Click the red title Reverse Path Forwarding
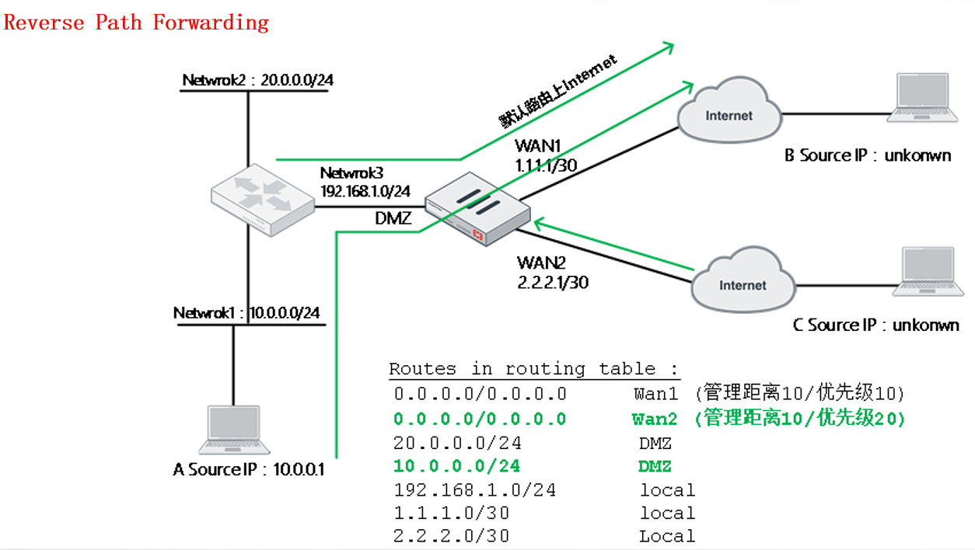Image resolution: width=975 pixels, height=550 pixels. (x=136, y=22)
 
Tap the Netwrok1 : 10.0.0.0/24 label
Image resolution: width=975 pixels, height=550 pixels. (x=246, y=313)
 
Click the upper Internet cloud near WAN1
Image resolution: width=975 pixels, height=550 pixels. (x=729, y=113)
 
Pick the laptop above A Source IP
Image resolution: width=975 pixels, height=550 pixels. (x=234, y=430)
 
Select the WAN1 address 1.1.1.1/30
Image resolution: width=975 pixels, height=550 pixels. (x=546, y=165)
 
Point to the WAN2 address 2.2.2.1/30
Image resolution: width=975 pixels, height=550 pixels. (x=553, y=282)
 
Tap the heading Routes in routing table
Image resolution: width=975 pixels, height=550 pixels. (x=533, y=368)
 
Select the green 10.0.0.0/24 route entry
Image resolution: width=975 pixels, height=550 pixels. (x=457, y=466)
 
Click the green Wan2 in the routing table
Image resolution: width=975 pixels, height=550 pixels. (x=655, y=419)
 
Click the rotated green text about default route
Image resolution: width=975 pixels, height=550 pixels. (x=558, y=91)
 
